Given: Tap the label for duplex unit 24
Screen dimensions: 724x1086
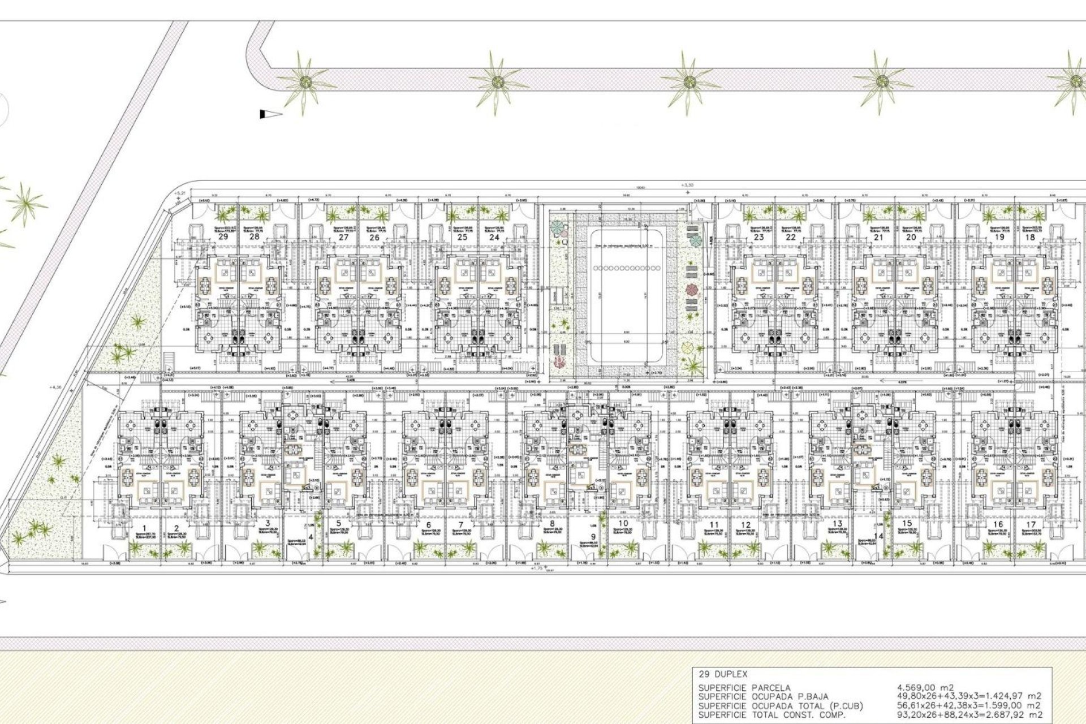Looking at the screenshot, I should (494, 237).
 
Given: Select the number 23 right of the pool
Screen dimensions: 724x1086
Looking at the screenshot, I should (759, 237).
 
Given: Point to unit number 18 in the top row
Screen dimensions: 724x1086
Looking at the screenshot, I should (1030, 237).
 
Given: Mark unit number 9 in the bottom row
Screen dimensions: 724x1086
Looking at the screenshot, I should (593, 537).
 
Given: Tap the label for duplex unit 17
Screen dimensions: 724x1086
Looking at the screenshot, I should (1029, 524).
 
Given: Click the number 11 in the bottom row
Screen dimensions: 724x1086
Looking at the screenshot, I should (714, 524).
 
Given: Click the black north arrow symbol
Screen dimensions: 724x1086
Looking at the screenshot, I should (270, 114).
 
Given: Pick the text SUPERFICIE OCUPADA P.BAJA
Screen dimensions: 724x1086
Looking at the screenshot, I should (764, 696).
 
